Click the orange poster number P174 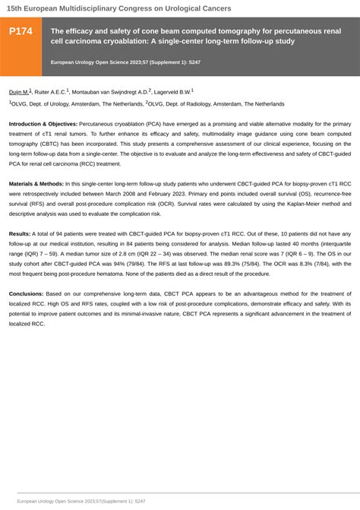pyautogui.click(x=21, y=31)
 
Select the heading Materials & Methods pyautogui.click(x=36, y=183)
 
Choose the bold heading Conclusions pyautogui.click(x=26, y=293)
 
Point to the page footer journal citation pyautogui.click(x=81, y=502)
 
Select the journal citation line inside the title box pyautogui.click(x=114, y=61)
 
